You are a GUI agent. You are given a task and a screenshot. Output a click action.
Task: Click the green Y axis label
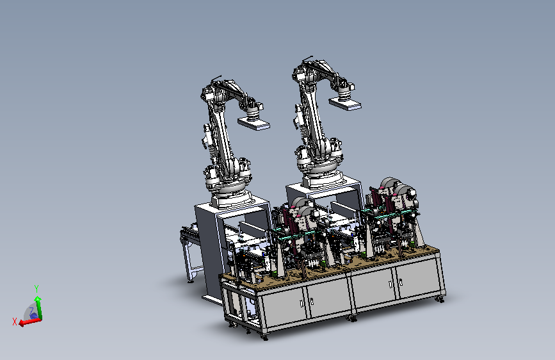(36, 289)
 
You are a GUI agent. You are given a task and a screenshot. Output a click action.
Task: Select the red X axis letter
(15, 322)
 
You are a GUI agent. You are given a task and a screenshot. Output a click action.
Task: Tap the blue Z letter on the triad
(31, 311)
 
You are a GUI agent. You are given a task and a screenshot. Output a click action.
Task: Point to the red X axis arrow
(30, 322)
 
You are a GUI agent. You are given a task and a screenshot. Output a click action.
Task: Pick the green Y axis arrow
(38, 308)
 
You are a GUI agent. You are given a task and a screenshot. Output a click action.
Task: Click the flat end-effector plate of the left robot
(253, 124)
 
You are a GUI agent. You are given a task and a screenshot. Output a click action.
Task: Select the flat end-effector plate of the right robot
(345, 103)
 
